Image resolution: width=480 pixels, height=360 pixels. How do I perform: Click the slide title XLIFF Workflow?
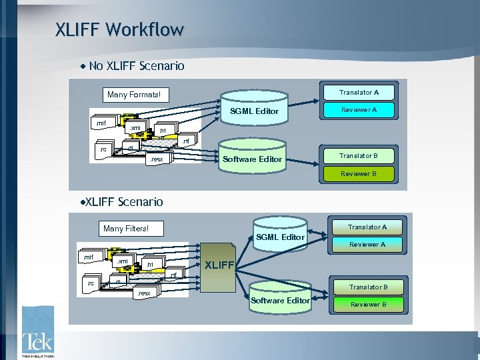[x=119, y=30]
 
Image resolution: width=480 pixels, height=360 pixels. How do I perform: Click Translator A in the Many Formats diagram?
[x=359, y=93]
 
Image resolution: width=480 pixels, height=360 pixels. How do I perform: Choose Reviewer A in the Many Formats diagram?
[x=359, y=110]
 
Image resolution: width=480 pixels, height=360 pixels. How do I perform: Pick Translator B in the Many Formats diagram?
[x=359, y=156]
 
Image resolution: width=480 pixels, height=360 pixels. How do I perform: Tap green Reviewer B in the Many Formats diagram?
[x=359, y=174]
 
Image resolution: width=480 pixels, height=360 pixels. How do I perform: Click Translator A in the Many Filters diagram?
[x=367, y=227]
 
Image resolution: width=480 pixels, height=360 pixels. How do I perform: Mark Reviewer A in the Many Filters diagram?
[x=367, y=245]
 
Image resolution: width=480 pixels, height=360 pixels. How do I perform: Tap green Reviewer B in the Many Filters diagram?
[x=369, y=305]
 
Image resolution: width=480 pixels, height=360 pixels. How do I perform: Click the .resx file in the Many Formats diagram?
[x=157, y=159]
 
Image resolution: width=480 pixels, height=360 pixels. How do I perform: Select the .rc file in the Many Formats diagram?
[x=103, y=150]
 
